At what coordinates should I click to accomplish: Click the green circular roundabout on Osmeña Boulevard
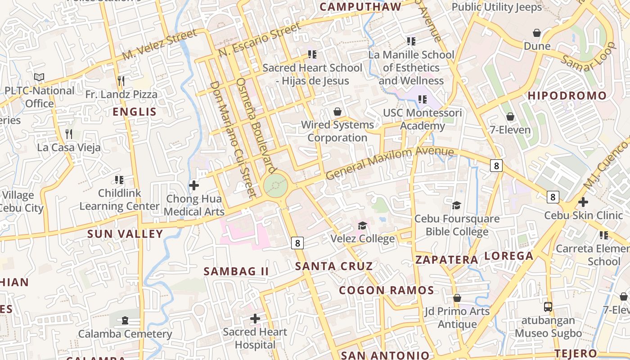pos(275,185)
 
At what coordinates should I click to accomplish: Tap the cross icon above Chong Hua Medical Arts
pos(194,185)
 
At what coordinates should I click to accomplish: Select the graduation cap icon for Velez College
pos(362,225)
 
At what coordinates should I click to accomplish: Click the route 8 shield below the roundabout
pos(297,243)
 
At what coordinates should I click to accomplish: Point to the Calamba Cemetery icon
pos(125,320)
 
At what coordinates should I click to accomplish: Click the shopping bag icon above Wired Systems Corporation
pos(337,112)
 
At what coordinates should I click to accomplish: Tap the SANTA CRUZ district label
pos(334,266)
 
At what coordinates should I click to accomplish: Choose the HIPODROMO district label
pos(567,95)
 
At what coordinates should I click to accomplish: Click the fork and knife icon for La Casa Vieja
pos(69,134)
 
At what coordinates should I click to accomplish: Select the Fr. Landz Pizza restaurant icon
pos(121,81)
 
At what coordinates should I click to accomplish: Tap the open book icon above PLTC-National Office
pos(39,77)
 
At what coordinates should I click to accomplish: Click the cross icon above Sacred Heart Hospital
pos(255,319)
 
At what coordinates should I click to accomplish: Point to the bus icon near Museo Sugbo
pos(548,307)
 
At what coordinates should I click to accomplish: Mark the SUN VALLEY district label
pos(125,234)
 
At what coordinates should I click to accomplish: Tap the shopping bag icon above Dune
pos(536,33)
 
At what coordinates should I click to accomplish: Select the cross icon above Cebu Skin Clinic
pos(583,202)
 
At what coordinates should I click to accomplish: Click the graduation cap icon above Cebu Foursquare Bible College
pos(457,206)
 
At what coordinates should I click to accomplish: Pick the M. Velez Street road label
pos(160,45)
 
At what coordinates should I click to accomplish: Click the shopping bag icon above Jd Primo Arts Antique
pos(457,298)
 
